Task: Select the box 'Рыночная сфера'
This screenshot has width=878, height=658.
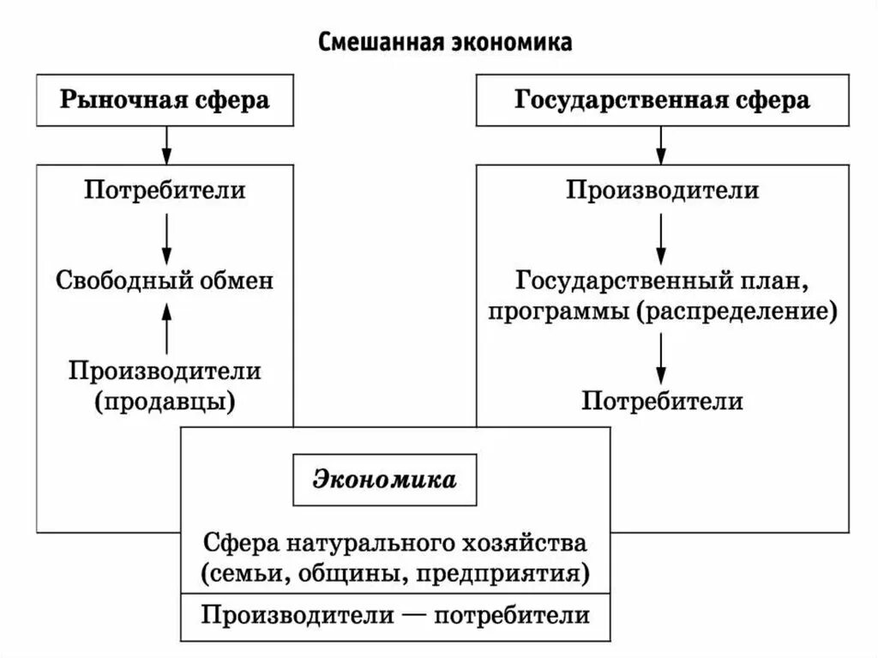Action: tap(164, 100)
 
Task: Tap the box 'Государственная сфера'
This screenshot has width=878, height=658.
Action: tap(661, 100)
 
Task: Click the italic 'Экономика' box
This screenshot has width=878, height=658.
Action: tap(384, 479)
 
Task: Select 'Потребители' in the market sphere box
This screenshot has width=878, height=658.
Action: tap(165, 189)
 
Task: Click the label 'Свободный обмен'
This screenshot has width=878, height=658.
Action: tap(165, 280)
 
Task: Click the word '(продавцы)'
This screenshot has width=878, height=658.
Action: tap(165, 400)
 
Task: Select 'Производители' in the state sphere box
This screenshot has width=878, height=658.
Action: tap(661, 189)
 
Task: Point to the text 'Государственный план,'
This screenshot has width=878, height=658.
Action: tap(662, 280)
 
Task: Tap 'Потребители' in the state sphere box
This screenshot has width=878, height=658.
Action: tap(662, 401)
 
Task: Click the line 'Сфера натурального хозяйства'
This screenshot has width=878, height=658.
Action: tap(395, 543)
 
